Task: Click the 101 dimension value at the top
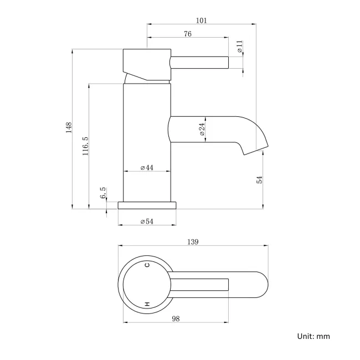tap(202, 20)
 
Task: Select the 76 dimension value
tap(187, 34)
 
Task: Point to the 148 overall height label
tap(68, 128)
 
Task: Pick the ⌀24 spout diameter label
tap(202, 129)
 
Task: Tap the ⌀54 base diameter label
tap(147, 221)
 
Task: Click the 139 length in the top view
tap(193, 241)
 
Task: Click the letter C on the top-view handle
tap(147, 265)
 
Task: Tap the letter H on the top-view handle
tap(147, 304)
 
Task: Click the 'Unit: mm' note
tap(313, 336)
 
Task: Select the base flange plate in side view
tap(147, 205)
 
